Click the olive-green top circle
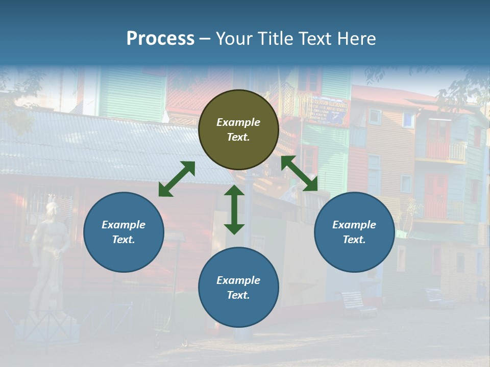point(238,130)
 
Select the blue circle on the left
point(124,232)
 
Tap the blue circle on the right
point(354,232)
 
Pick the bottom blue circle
point(238,287)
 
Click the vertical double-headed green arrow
point(234,209)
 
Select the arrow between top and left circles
point(177,179)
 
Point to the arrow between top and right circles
point(299,173)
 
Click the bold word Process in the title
point(160,38)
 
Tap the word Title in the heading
point(274,38)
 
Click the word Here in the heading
point(356,38)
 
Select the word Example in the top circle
point(238,122)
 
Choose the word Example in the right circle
point(354,225)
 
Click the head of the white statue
point(52,208)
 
